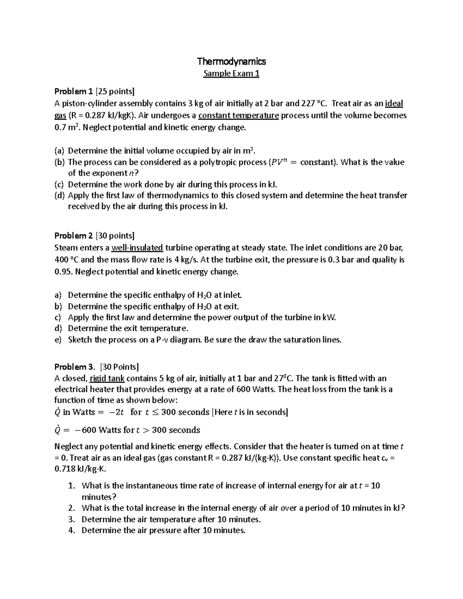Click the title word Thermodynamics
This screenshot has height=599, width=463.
(x=231, y=61)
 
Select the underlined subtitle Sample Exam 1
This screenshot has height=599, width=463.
(x=231, y=73)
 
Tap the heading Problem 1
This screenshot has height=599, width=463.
(x=73, y=91)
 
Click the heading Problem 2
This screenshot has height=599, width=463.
(x=73, y=236)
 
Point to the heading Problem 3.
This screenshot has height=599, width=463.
(x=74, y=366)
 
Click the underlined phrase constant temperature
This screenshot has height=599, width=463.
(x=238, y=115)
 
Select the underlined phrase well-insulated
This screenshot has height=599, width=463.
(x=137, y=248)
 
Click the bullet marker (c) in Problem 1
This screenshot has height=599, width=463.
(x=60, y=184)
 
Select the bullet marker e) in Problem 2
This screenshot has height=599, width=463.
(x=58, y=340)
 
